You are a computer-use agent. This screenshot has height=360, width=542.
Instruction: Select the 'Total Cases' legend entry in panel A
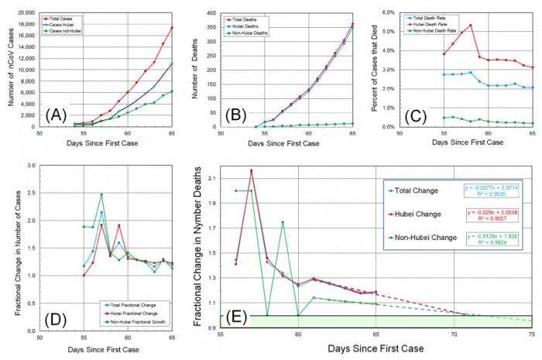coord(67,15)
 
